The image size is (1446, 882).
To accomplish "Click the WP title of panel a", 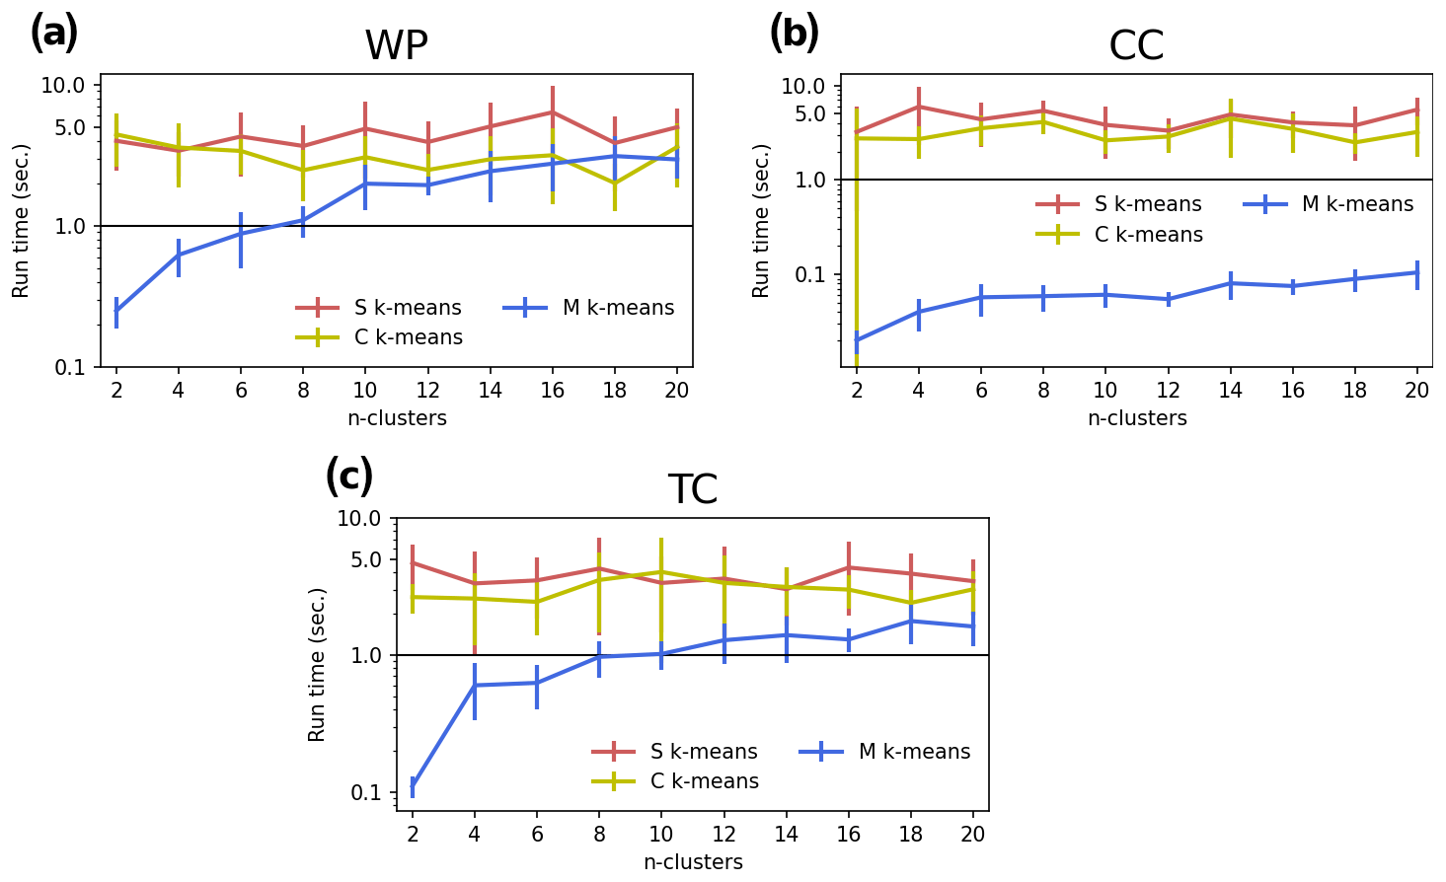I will coord(396,46).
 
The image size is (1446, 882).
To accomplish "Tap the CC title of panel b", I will coord(1136,46).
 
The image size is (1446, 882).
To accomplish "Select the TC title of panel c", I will coord(692,490).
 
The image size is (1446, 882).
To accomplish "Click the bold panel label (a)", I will coord(53,33).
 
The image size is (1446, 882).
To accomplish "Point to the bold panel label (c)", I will coord(349,477).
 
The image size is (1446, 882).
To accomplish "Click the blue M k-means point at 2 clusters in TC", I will coord(413,787).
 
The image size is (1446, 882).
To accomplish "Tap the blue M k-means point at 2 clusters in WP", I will coord(116,312).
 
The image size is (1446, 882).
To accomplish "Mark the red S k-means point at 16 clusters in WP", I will coord(553,111).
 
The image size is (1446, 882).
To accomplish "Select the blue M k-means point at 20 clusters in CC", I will coord(1417,272).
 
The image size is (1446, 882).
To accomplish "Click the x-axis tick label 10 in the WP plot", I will coord(364,391).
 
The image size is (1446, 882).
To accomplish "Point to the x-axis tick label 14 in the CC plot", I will coord(1230,391).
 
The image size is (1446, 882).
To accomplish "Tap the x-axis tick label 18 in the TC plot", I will coord(911,835).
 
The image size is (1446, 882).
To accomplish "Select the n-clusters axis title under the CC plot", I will coord(1137,418).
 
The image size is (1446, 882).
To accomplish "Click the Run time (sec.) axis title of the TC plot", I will coord(317,664).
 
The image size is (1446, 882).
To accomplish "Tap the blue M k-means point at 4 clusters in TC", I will coord(475,685).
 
